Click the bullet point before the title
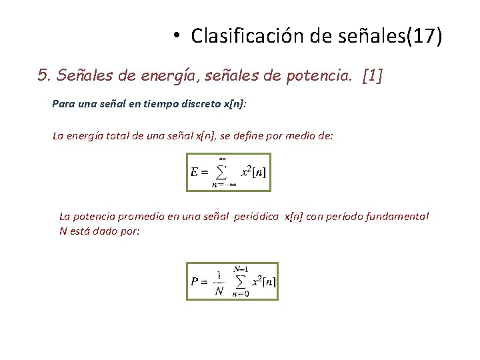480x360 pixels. coord(175,35)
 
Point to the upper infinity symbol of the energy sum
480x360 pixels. coord(223,159)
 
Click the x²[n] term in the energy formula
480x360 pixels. coord(253,172)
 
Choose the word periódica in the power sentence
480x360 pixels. coord(257,216)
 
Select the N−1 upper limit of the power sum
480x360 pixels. coord(241,269)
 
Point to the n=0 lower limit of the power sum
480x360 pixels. coord(241,293)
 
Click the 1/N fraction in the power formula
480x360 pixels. coord(219,281)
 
